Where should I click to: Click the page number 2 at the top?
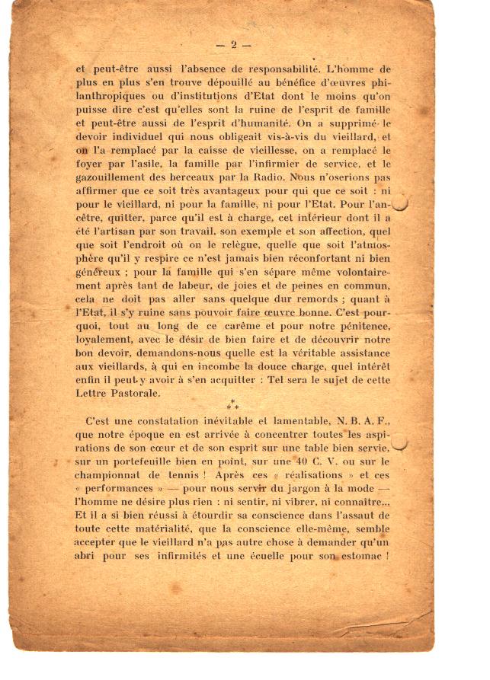[235, 45]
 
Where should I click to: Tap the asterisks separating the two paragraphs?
[233, 406]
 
